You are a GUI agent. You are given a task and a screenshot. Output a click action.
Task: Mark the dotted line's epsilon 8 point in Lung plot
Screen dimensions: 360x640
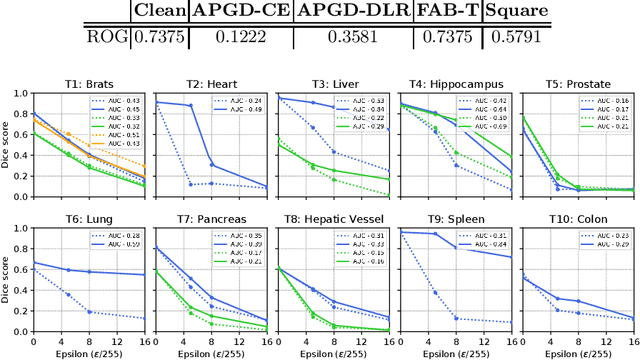(x=90, y=311)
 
